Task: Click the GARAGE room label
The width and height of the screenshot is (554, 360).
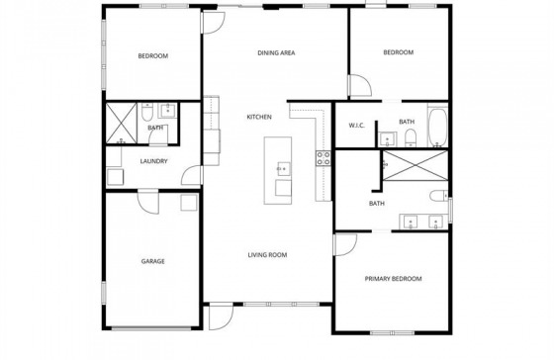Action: [x=153, y=261]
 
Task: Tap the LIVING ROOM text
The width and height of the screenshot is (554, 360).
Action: [x=267, y=255]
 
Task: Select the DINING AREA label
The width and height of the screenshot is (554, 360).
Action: [x=276, y=53]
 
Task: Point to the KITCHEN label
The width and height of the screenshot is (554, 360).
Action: [x=259, y=117]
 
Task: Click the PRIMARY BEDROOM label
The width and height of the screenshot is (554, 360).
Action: [x=394, y=279]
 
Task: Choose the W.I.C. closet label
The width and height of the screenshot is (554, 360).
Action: [x=356, y=126]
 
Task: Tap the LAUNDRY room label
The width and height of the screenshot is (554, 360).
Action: [x=153, y=161]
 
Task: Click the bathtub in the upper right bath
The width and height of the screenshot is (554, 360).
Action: [x=437, y=128]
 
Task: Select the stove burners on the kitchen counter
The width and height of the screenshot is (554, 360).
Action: [x=323, y=158]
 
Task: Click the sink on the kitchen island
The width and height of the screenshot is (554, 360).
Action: [x=283, y=169]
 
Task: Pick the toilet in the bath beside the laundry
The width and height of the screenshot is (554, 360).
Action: [x=146, y=112]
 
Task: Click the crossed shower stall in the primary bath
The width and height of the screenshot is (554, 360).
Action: [x=415, y=165]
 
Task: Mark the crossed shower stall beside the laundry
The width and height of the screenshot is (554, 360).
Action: [x=121, y=124]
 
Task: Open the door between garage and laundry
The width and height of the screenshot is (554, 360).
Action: [x=148, y=203]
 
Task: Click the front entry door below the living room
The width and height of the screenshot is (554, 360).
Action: [x=221, y=317]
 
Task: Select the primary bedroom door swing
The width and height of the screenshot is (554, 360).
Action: [x=345, y=244]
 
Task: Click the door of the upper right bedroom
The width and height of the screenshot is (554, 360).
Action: [x=360, y=85]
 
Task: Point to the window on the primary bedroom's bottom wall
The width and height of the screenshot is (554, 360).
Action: [x=392, y=332]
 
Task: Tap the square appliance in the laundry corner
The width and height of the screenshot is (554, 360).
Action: [x=116, y=177]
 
